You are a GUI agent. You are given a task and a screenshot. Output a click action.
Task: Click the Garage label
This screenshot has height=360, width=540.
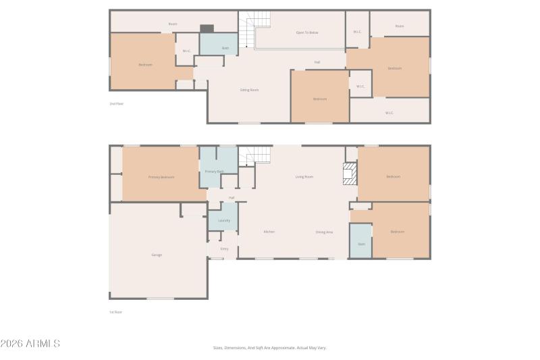[x=157, y=255]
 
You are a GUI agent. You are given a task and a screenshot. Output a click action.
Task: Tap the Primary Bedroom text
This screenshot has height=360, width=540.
[x=161, y=177]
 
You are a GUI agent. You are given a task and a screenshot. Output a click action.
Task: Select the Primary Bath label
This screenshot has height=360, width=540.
[x=215, y=172]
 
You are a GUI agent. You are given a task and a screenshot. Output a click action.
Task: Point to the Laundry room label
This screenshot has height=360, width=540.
[x=224, y=221]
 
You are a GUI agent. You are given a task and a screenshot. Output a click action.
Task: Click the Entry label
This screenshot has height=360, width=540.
[x=224, y=249]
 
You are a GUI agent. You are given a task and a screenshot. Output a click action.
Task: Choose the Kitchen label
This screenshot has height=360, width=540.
[x=269, y=232]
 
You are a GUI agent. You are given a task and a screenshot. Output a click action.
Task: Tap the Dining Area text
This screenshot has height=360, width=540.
[x=324, y=232]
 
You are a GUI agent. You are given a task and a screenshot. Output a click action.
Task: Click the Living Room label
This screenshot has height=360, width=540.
[x=304, y=177]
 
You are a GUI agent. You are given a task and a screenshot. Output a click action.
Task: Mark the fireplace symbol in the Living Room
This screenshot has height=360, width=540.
[x=350, y=174]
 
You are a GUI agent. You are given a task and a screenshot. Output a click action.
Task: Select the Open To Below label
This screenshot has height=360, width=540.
[x=307, y=32]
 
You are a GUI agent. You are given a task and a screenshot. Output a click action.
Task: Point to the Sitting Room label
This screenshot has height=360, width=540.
[x=250, y=90]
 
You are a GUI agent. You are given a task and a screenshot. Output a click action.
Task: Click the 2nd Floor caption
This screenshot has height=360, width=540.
[x=117, y=103]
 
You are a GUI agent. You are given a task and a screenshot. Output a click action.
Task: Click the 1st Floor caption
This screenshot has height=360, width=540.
[x=116, y=312]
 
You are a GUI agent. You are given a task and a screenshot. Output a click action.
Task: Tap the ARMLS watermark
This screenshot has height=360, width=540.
[x=30, y=344]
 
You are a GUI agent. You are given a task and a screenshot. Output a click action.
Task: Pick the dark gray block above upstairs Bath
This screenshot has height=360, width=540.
[x=207, y=28]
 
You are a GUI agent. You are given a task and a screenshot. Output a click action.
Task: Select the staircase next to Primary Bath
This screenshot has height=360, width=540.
[x=256, y=156]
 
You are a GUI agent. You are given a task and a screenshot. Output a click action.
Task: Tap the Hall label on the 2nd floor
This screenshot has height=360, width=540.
[x=317, y=62]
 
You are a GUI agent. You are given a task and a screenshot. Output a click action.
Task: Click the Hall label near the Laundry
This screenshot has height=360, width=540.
[x=232, y=198]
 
